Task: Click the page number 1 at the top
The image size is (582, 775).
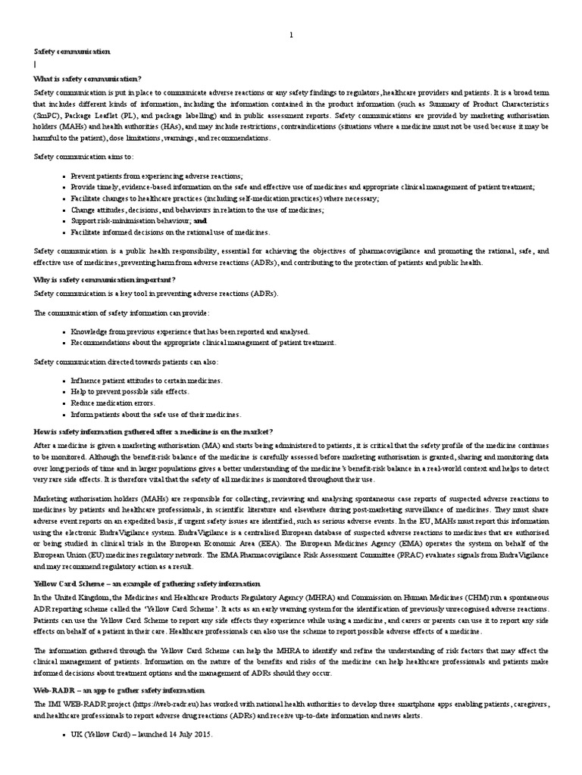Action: (x=291, y=36)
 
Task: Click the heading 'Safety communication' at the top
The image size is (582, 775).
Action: (x=72, y=51)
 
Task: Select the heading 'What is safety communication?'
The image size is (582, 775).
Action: (x=86, y=79)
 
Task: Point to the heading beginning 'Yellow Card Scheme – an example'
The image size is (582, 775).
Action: (x=146, y=584)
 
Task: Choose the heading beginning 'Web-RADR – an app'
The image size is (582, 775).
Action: (x=118, y=690)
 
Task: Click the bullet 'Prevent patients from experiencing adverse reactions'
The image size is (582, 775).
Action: (x=157, y=176)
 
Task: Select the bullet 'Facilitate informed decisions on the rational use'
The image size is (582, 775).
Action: (x=171, y=232)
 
